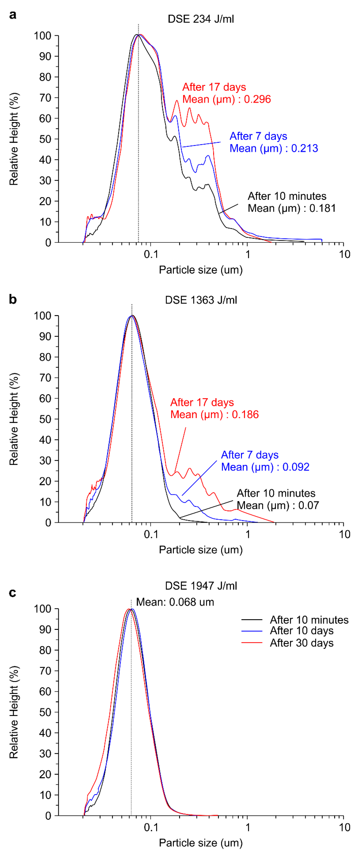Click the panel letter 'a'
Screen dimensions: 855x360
13,15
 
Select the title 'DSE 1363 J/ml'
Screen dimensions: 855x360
201,300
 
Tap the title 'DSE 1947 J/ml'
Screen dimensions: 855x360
201,586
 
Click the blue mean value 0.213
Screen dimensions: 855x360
305,148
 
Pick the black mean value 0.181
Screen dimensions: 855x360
322,208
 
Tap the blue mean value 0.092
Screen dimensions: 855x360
296,467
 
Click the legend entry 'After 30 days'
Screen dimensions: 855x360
302,643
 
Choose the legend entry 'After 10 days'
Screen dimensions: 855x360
302,631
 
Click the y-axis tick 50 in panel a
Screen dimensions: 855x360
45,139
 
